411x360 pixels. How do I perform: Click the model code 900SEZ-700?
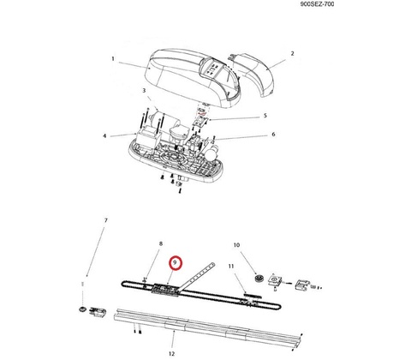click(317, 4)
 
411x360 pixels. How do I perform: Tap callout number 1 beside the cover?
click(113, 59)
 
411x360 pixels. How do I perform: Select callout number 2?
click(292, 53)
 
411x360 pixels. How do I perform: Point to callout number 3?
click(144, 91)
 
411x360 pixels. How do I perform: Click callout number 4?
click(104, 135)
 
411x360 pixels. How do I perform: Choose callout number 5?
click(265, 116)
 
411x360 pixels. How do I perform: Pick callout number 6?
click(273, 135)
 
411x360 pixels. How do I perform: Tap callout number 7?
click(106, 220)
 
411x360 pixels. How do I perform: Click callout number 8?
click(161, 243)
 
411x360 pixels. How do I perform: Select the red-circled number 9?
click(176, 262)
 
